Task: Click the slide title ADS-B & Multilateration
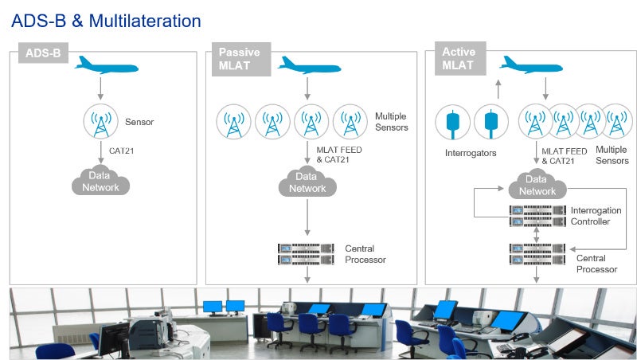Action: click(106, 20)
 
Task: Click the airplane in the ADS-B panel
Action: click(105, 65)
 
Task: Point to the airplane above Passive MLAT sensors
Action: click(310, 65)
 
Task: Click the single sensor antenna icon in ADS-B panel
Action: click(101, 122)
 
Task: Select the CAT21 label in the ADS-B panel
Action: click(123, 149)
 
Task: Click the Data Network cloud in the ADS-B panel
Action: click(101, 182)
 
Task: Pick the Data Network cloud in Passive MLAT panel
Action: click(307, 182)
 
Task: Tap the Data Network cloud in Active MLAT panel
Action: click(537, 186)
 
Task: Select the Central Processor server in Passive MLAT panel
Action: click(307, 253)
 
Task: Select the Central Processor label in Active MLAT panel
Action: click(596, 264)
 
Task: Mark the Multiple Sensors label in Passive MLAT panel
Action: click(391, 122)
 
